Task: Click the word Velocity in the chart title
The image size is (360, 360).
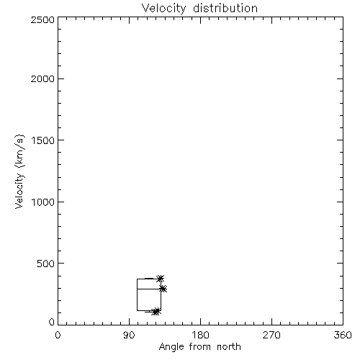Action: click(x=163, y=9)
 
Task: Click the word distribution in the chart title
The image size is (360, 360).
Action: click(x=225, y=8)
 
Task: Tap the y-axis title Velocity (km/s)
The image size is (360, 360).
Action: click(x=19, y=171)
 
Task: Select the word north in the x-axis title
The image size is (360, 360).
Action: click(x=229, y=346)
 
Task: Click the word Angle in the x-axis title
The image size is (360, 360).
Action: click(x=171, y=347)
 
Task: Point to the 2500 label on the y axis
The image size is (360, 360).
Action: click(x=43, y=19)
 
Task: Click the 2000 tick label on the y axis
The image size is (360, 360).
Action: click(x=43, y=78)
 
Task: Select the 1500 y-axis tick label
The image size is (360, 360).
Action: click(x=43, y=140)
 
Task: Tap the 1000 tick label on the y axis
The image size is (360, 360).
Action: click(x=43, y=202)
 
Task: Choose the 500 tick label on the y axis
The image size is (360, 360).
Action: click(x=46, y=264)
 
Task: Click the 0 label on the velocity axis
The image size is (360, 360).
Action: click(x=52, y=322)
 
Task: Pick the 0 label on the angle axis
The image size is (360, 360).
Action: click(x=58, y=335)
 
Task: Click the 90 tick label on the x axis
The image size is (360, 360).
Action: click(x=129, y=335)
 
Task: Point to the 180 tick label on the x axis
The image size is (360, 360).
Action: click(x=200, y=335)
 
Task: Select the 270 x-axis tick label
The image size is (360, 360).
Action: click(x=271, y=335)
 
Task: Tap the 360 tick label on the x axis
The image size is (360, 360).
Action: click(x=343, y=335)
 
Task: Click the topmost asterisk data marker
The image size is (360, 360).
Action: click(x=161, y=279)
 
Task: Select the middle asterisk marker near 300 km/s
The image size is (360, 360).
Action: click(x=163, y=289)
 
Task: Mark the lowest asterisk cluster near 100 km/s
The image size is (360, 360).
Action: click(x=156, y=311)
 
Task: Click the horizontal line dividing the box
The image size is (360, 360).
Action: click(x=149, y=289)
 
